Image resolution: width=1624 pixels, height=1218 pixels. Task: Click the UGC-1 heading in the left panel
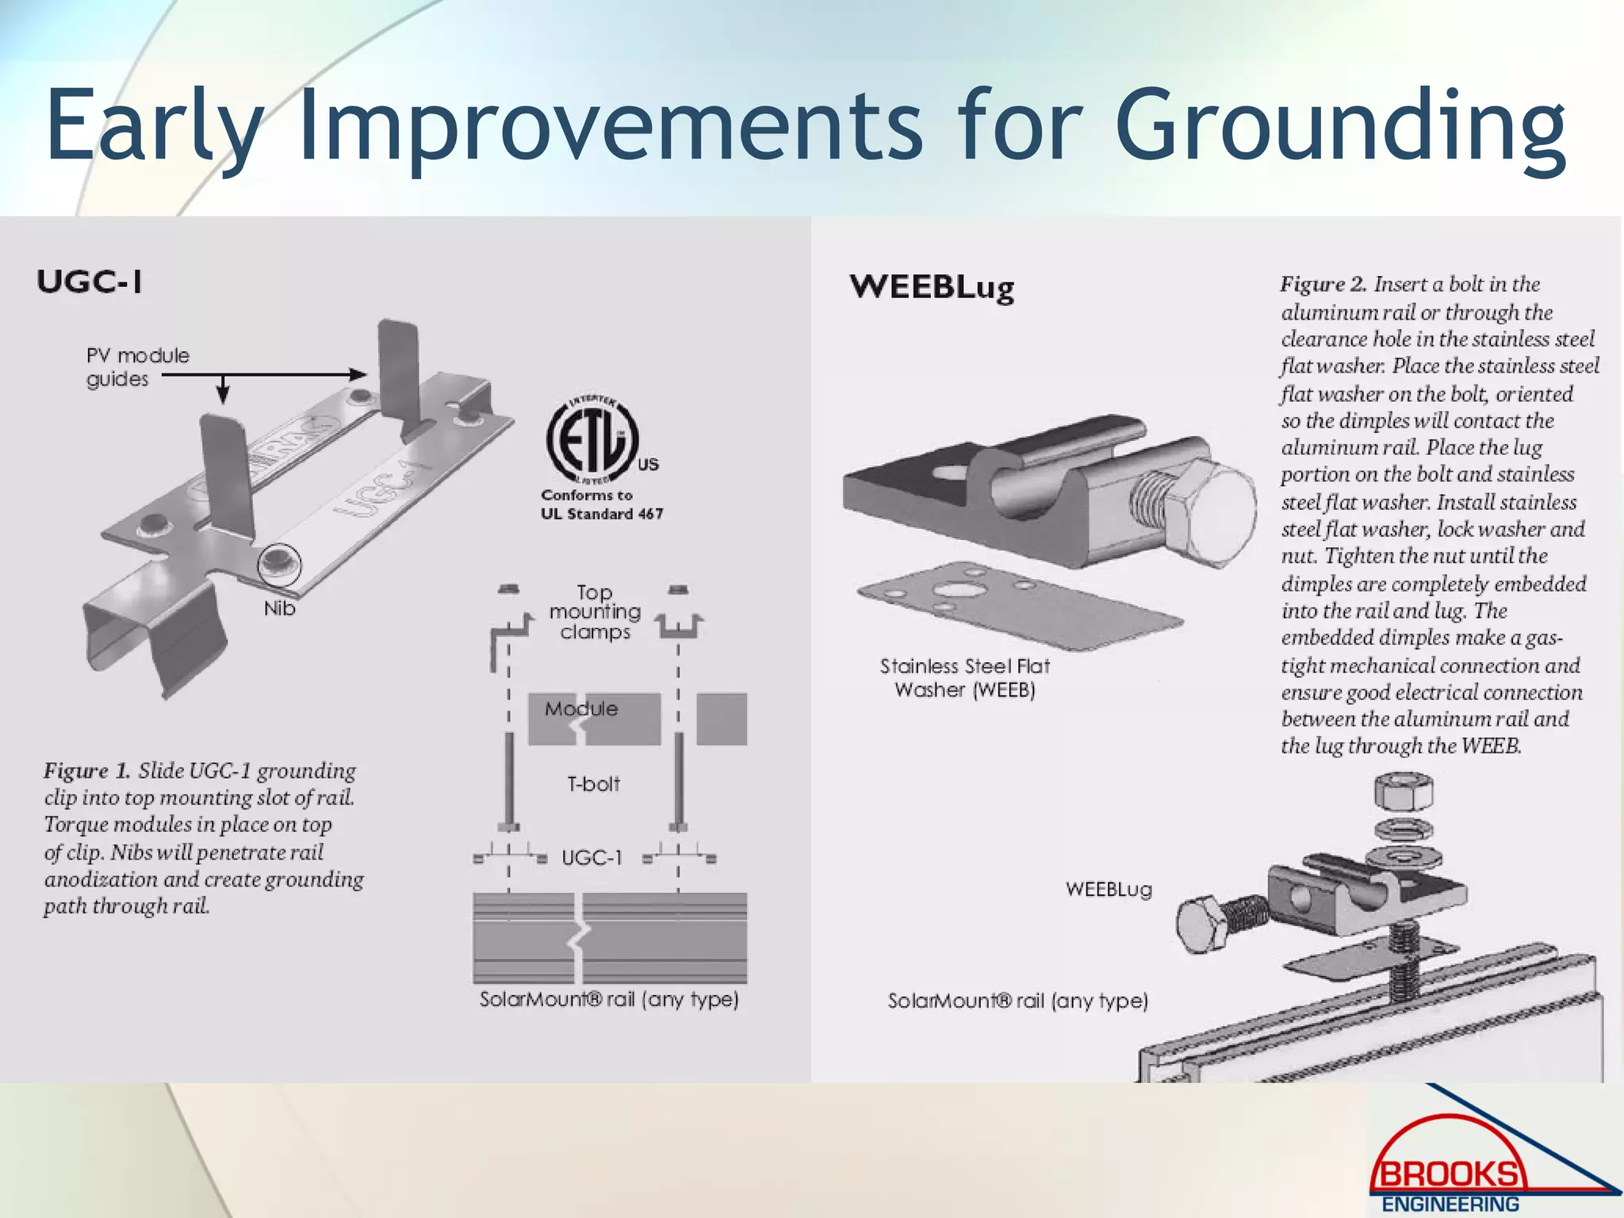90,282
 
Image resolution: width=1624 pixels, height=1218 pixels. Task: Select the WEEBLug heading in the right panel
932,287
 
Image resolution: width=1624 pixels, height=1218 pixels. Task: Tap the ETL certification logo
593,440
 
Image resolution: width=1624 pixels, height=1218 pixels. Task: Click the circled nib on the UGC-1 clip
279,565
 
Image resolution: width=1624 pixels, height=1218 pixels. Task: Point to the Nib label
279,608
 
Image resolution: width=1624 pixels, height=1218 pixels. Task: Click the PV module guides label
136,366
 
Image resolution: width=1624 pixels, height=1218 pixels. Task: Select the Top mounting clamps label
595,612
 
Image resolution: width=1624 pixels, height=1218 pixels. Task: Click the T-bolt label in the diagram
593,784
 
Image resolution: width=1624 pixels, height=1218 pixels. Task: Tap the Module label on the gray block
580,709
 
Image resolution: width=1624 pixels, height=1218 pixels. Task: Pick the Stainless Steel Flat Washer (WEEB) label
964,678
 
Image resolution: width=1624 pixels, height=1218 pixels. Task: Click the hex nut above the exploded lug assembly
1403,791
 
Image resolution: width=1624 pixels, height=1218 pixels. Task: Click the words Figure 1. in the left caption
86,771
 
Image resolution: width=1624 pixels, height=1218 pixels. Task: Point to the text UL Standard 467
602,514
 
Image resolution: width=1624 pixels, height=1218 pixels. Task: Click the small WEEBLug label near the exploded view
1109,889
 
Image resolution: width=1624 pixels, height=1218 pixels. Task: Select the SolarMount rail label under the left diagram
609,999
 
